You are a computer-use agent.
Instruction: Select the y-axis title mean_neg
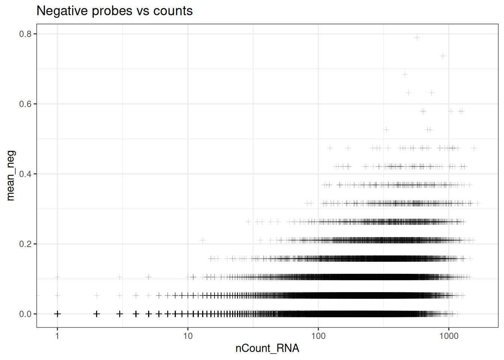point(10,175)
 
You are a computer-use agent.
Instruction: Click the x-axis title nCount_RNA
point(267,348)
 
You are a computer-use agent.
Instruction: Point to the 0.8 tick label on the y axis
point(25,34)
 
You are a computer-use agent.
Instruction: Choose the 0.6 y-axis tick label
point(25,104)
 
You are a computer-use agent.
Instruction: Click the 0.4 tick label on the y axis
point(25,174)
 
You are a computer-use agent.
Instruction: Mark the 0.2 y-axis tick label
point(25,244)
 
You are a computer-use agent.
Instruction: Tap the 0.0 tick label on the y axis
point(25,314)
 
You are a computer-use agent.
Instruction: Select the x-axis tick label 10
point(188,336)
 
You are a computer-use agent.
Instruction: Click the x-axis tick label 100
point(318,336)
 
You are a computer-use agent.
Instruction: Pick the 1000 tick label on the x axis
point(449,336)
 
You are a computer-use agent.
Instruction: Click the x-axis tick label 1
point(57,336)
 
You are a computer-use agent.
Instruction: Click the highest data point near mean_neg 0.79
point(417,37)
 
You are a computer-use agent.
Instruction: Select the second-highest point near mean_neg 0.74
point(442,56)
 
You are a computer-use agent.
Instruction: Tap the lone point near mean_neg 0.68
point(405,74)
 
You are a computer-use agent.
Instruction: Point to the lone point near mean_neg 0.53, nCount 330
point(386,130)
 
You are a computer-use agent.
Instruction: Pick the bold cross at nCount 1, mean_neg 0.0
point(57,314)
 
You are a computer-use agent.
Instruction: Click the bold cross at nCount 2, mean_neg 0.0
point(97,314)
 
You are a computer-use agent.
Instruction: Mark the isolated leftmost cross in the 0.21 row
point(203,240)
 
